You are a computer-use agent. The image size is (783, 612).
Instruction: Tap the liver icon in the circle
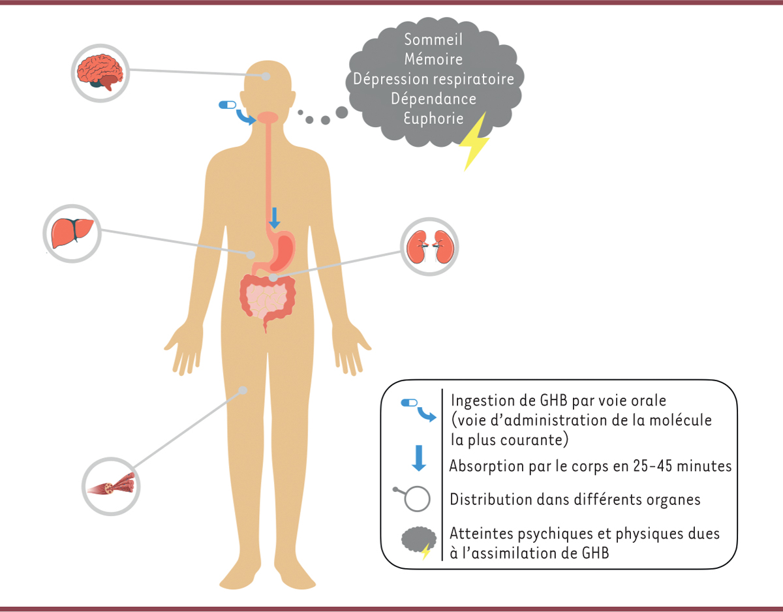tap(72, 232)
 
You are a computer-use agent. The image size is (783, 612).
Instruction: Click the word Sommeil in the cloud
tap(433, 40)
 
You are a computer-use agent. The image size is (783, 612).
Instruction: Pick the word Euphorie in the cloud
tap(433, 119)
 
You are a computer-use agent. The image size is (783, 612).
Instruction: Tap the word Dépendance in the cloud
tap(433, 99)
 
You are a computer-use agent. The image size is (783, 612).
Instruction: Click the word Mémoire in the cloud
tap(433, 59)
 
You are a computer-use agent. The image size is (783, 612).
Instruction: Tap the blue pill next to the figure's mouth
tap(228, 104)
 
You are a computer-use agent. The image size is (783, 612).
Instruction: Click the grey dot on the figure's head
tap(266, 76)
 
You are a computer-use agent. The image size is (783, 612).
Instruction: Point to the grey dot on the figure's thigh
tap(243, 390)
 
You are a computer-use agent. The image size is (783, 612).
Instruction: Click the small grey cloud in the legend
tap(417, 542)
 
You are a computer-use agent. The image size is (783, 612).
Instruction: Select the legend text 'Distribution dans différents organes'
tap(575, 500)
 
